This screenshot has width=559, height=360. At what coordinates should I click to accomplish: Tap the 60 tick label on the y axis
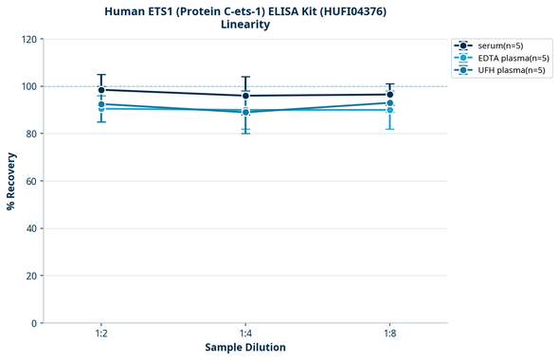31,181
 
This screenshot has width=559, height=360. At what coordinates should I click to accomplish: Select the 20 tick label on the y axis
31,276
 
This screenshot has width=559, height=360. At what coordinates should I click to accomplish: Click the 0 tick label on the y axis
34,323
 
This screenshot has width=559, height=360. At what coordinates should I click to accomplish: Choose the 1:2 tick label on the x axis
101,333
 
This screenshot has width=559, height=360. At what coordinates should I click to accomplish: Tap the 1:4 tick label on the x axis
245,333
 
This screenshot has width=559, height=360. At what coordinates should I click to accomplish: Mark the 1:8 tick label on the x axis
389,333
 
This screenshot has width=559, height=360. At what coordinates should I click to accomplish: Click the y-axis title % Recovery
11,181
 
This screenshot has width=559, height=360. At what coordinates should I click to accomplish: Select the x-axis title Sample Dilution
245,348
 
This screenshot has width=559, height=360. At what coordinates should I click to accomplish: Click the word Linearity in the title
245,25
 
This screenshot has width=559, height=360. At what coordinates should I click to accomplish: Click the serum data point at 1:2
101,90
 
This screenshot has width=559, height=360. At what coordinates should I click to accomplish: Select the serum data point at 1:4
245,96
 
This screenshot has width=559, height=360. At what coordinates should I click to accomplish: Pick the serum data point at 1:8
389,95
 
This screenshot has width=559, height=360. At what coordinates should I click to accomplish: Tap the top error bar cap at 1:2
101,74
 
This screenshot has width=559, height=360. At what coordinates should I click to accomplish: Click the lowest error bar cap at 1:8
389,129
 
